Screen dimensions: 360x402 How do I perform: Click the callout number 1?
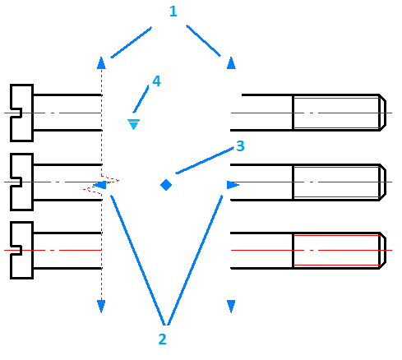pyautogui.click(x=173, y=12)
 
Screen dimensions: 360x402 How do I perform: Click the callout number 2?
pyautogui.click(x=163, y=339)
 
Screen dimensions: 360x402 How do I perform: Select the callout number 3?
pyautogui.click(x=240, y=146)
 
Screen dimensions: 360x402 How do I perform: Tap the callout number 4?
pyautogui.click(x=156, y=81)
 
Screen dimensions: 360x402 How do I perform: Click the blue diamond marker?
pyautogui.click(x=165, y=185)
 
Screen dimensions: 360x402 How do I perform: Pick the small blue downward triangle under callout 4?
pyautogui.click(x=133, y=123)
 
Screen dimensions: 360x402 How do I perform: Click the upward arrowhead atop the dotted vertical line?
pyautogui.click(x=101, y=62)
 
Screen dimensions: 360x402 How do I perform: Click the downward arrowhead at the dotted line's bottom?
pyautogui.click(x=101, y=307)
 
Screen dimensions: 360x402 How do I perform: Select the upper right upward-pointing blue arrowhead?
pyautogui.click(x=231, y=62)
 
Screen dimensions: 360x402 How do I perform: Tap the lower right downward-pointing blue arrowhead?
pyautogui.click(x=231, y=306)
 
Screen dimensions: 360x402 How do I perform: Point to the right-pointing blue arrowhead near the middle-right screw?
pyautogui.click(x=233, y=186)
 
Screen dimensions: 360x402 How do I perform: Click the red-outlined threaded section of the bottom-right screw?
pyautogui.click(x=338, y=249)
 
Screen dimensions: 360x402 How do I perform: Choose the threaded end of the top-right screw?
pyautogui.click(x=338, y=113)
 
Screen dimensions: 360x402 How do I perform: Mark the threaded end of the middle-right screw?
pyautogui.click(x=338, y=181)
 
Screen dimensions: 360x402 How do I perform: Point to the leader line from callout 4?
pyautogui.click(x=143, y=100)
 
